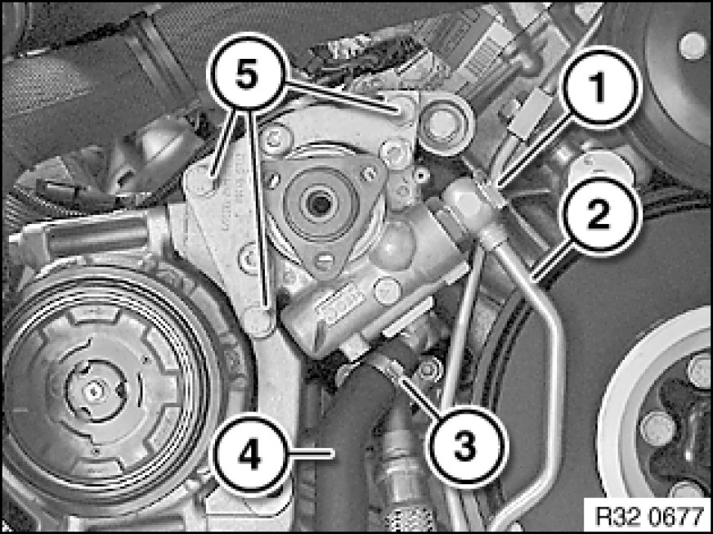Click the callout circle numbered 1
coord(599,88)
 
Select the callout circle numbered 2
coord(599,216)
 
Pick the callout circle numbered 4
coord(251,455)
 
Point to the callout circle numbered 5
coord(247,75)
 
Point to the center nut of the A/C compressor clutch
coord(94,390)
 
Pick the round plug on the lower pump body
coord(387,290)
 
